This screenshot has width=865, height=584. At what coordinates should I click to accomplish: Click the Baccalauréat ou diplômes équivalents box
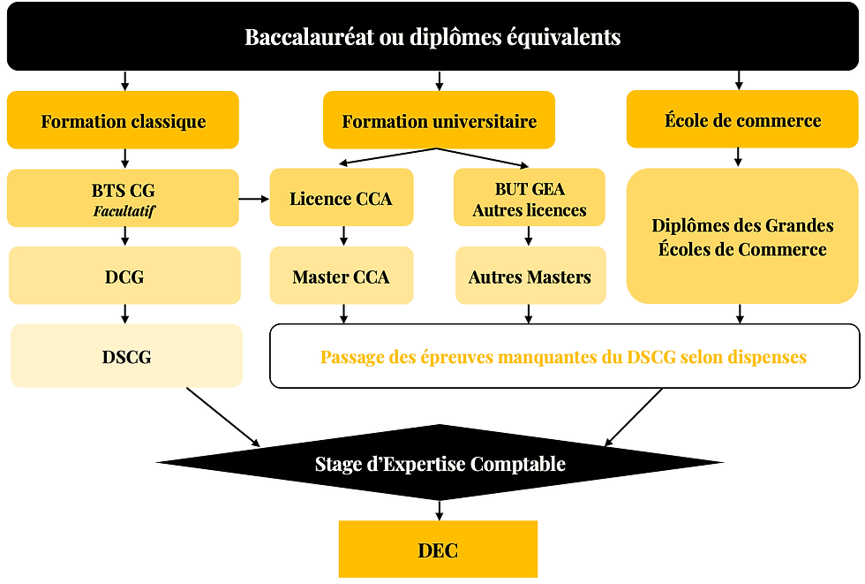pyautogui.click(x=432, y=38)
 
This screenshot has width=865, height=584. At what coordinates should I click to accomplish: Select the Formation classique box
pyautogui.click(x=123, y=121)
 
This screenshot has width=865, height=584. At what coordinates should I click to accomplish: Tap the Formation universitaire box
pyautogui.click(x=439, y=121)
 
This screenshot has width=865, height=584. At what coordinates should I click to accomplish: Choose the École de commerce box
pyautogui.click(x=742, y=120)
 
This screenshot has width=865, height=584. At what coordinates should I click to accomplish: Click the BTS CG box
pyautogui.click(x=123, y=197)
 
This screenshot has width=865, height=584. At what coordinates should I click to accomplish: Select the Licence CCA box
pyautogui.click(x=341, y=199)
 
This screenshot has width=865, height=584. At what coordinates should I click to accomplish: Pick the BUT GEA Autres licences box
pyautogui.click(x=530, y=199)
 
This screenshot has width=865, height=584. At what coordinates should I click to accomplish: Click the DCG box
pyautogui.click(x=124, y=276)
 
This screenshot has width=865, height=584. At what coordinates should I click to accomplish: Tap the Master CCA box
pyautogui.click(x=341, y=277)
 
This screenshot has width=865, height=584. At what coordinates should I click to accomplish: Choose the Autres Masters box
pyautogui.click(x=530, y=277)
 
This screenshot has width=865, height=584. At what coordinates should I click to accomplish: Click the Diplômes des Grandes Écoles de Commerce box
pyautogui.click(x=742, y=237)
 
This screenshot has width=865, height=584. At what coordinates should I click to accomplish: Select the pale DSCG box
pyautogui.click(x=126, y=356)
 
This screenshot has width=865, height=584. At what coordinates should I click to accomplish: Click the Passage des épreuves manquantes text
pyautogui.click(x=563, y=357)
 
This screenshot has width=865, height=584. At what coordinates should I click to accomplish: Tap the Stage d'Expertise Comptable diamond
pyautogui.click(x=440, y=463)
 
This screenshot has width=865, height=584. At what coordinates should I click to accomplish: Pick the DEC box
pyautogui.click(x=438, y=550)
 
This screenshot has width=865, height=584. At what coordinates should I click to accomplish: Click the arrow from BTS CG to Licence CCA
pyautogui.click(x=254, y=199)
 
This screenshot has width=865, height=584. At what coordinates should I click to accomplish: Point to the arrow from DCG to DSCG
pyautogui.click(x=124, y=314)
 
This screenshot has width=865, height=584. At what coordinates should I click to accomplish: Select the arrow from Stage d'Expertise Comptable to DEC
pyautogui.click(x=439, y=509)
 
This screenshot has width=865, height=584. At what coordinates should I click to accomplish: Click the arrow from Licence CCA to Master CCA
pyautogui.click(x=342, y=236)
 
